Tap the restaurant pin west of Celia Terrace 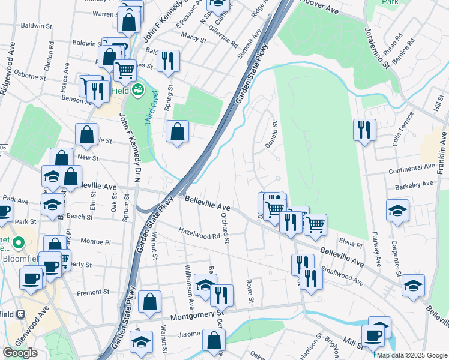[x=364, y=130]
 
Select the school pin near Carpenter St [x=397, y=211]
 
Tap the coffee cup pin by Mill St [x=373, y=334]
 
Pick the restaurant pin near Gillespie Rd [x=167, y=60]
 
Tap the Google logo [x=20, y=353]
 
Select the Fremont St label [x=93, y=292]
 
